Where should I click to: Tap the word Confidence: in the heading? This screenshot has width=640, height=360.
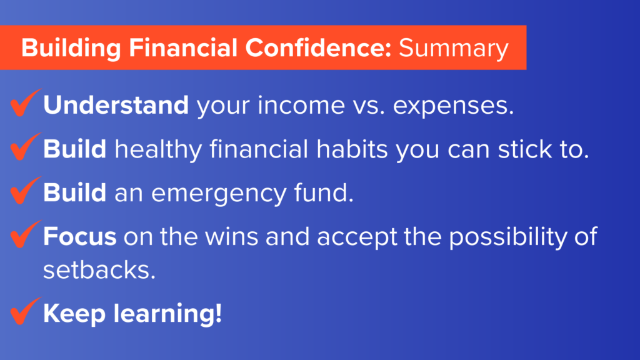[x=318, y=47]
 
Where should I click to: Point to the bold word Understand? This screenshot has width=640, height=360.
[x=116, y=105]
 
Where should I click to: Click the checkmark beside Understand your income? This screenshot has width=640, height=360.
[x=25, y=102]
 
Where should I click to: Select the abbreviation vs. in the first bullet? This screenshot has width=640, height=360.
[x=369, y=106]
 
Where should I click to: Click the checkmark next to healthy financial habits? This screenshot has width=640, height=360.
[x=25, y=146]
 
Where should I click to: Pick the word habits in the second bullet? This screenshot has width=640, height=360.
[x=352, y=149]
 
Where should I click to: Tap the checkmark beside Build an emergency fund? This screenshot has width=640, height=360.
[x=25, y=190]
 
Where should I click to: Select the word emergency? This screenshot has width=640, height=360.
[x=219, y=194]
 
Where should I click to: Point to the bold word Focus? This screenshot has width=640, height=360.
[x=79, y=236]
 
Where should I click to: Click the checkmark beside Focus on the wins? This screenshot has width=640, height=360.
[x=25, y=234]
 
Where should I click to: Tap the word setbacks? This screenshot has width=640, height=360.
[x=99, y=270]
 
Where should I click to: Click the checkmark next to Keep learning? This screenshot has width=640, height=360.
[x=25, y=311]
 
